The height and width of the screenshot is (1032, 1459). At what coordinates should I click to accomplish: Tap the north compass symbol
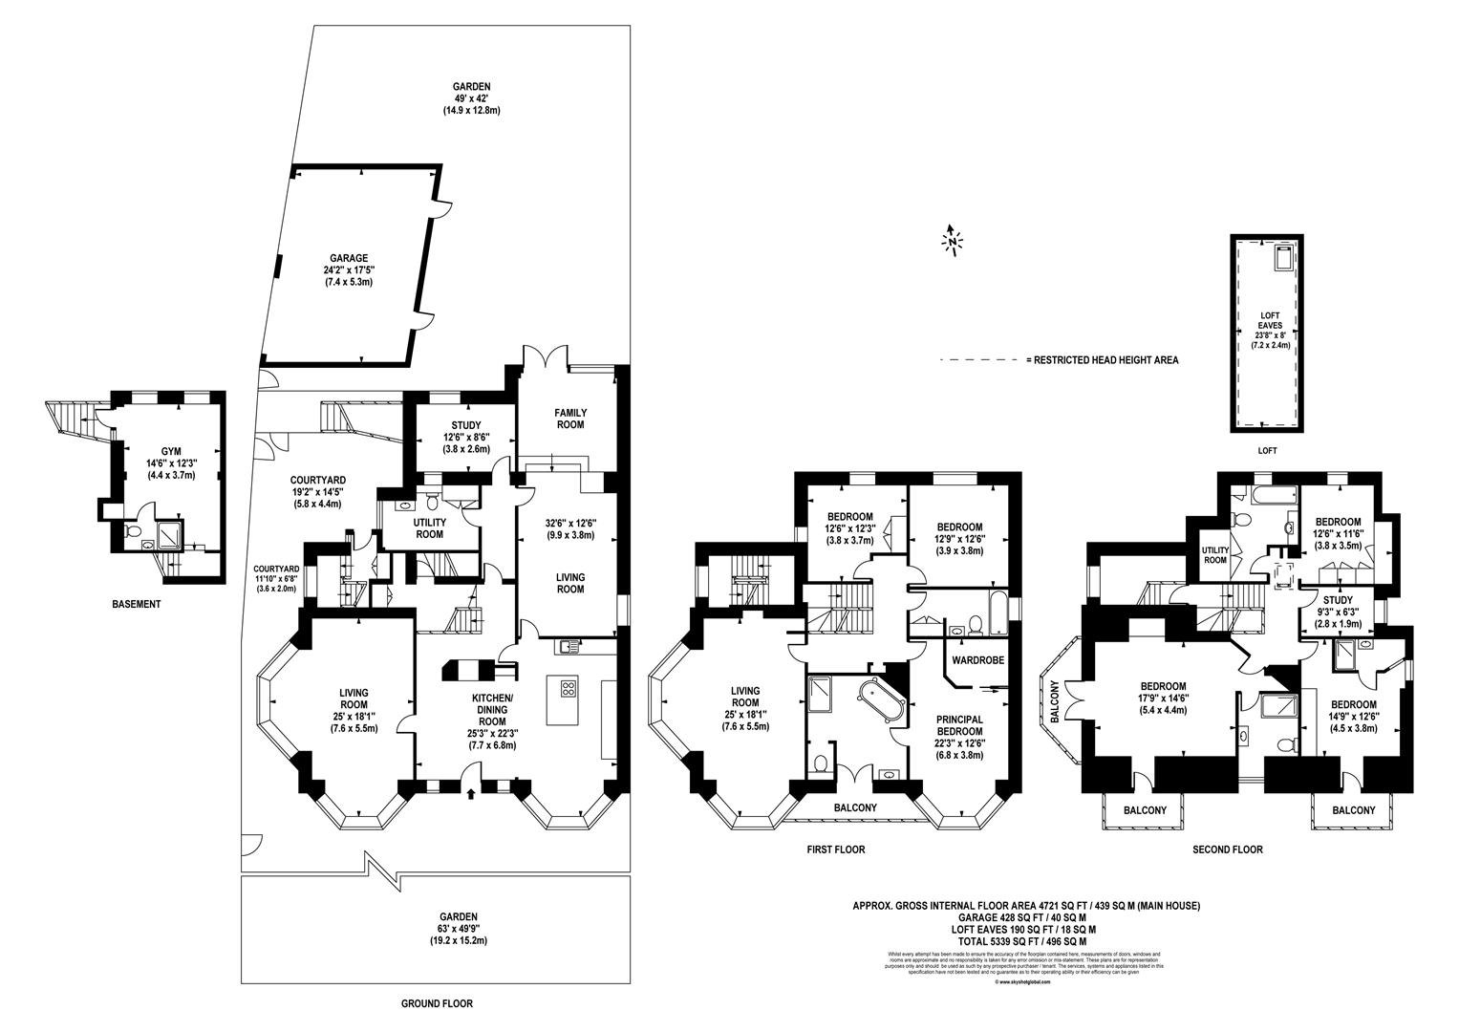[x=952, y=240]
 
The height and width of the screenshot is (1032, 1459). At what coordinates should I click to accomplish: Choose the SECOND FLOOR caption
[x=1227, y=849]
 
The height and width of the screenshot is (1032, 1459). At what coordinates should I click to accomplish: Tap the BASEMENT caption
[x=136, y=604]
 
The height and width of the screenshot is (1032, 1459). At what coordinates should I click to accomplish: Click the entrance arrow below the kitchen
[x=471, y=792]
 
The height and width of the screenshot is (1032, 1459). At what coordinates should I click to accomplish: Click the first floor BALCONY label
[x=855, y=807]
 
